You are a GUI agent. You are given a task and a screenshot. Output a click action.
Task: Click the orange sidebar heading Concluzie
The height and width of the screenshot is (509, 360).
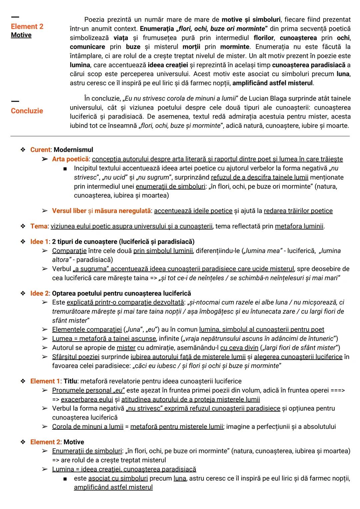27,111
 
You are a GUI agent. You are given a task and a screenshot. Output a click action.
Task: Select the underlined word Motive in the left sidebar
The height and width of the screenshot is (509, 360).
21,35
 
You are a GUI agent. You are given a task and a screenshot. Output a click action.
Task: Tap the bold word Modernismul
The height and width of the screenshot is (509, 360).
73,150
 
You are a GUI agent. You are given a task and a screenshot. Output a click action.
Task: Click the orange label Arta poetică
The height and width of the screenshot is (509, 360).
70,159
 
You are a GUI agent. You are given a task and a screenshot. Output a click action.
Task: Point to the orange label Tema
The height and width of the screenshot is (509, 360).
39,226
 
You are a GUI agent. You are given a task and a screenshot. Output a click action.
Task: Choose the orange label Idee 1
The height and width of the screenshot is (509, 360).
39,242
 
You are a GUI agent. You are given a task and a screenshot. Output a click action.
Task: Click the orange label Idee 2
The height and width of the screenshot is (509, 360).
39,293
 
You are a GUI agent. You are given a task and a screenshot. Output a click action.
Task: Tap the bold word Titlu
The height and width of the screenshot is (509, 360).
70,381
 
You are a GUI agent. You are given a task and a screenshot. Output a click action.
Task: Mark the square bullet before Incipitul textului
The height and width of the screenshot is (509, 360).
65,168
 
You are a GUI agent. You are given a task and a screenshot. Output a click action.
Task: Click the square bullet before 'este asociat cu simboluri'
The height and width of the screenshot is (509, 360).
65,479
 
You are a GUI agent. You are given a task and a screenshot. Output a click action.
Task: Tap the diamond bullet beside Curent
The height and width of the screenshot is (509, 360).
23,150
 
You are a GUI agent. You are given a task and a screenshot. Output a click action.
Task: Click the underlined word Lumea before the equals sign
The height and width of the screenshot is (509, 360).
62,339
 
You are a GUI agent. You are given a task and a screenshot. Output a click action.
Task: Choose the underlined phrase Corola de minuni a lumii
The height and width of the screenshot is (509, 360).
88,426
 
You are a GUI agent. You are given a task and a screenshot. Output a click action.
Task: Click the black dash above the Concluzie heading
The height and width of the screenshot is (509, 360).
15,101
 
